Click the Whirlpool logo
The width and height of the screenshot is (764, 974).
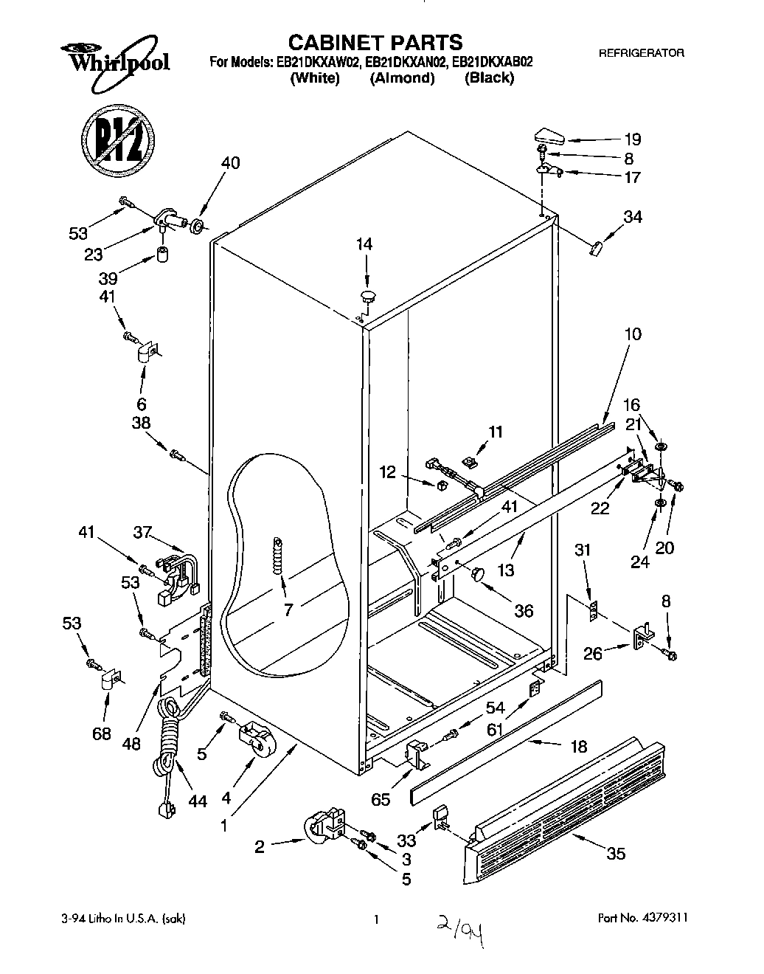[x=118, y=58]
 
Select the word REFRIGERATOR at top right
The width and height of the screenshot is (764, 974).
[x=641, y=53]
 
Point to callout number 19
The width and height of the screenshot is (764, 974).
[x=633, y=139]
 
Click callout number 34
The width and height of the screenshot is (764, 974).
[x=633, y=217]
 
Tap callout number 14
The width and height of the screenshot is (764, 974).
[x=365, y=244]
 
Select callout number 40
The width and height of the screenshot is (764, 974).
[x=231, y=163]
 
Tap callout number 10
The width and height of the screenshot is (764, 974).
[x=633, y=334]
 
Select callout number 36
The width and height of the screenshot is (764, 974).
[x=524, y=611]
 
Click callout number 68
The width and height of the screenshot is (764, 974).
[x=102, y=733]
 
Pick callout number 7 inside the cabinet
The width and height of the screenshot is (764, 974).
[x=288, y=609]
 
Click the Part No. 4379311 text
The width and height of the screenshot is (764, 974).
[x=641, y=919]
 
